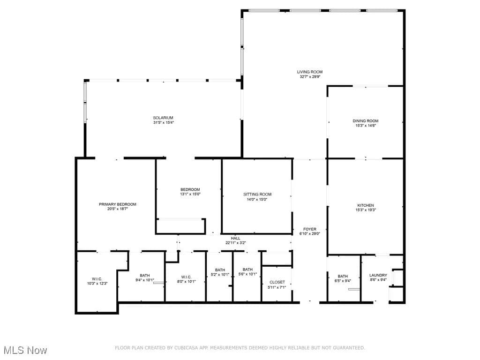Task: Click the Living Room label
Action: [x=309, y=72]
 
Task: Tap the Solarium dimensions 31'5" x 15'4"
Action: [x=164, y=122]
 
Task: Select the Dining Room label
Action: [x=366, y=121]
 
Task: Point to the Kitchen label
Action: [x=366, y=205]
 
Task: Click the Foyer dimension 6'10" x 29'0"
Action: [x=310, y=233]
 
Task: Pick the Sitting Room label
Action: [x=257, y=195]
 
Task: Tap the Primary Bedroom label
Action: [x=118, y=204]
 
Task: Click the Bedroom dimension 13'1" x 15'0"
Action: [x=190, y=194]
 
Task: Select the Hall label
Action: [x=235, y=238]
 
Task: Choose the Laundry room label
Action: [x=378, y=275]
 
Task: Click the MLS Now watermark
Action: [x=25, y=350]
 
